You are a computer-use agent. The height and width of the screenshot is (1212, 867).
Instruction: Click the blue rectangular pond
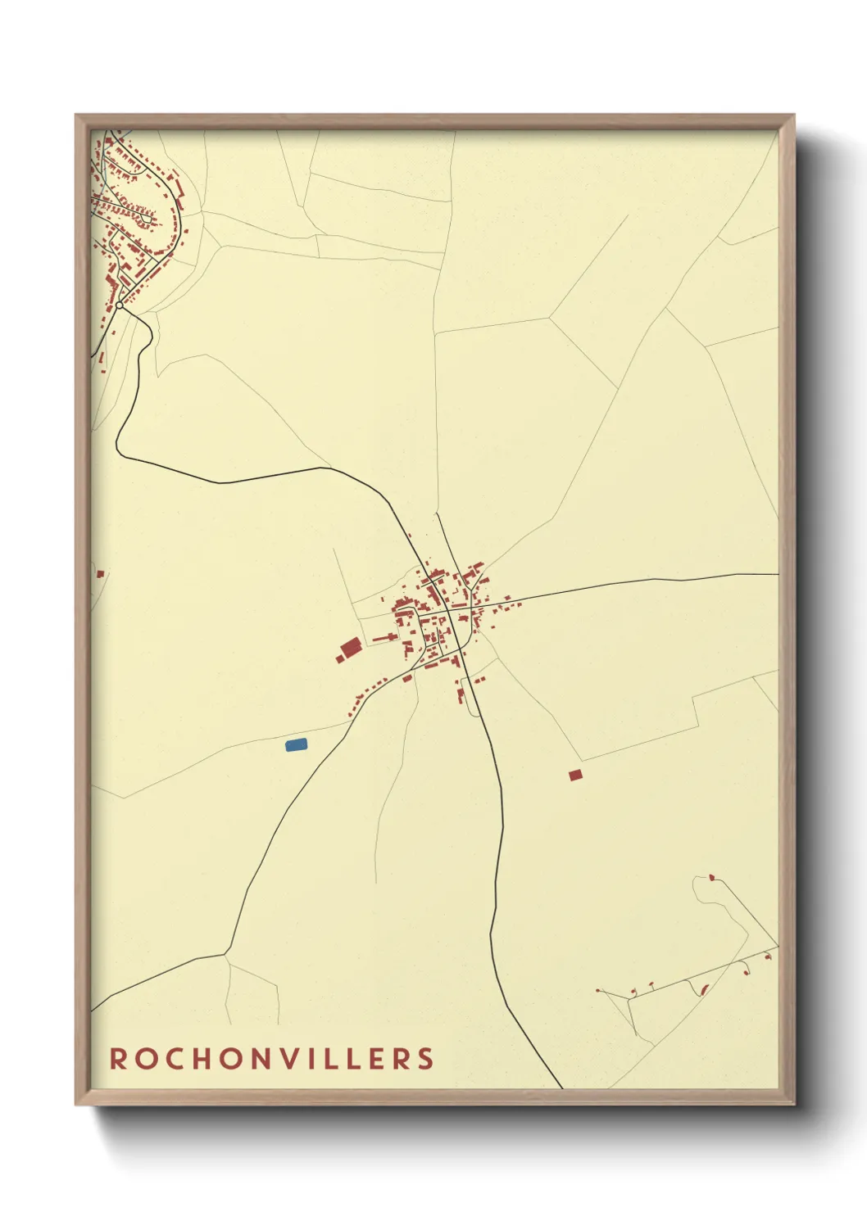pos(296,744)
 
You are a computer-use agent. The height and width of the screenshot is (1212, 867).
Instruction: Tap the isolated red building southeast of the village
pos(575,774)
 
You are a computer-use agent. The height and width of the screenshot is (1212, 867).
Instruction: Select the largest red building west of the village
pos(352,648)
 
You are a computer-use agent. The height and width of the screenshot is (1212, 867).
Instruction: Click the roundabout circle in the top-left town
pos(120,305)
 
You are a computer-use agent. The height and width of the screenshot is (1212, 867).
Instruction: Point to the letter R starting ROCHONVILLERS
pos(118,1058)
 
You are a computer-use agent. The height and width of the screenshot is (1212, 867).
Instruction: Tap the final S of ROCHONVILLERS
pos(425,1058)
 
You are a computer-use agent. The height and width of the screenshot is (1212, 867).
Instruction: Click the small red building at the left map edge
pos(100,574)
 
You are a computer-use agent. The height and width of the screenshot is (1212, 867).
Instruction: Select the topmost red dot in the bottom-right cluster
pos(711,878)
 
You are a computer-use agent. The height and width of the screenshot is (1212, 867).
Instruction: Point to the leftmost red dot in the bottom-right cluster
pos(599,991)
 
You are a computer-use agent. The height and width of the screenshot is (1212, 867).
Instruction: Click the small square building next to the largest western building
pos(339,658)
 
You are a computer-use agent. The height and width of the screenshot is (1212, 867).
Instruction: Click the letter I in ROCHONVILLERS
pos(315,1058)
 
